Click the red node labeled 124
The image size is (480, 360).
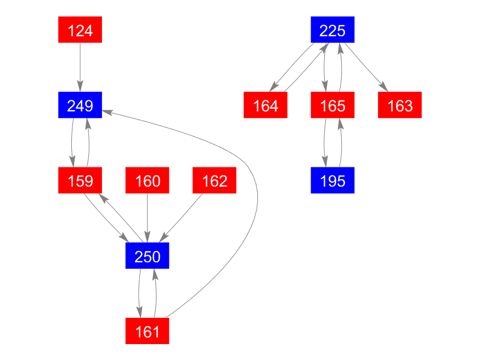(x=80, y=30)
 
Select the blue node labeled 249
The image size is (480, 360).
(x=80, y=105)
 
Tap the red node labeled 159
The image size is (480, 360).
(x=80, y=181)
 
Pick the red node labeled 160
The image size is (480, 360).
(x=147, y=181)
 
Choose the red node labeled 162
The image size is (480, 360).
(x=214, y=181)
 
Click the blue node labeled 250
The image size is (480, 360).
(x=147, y=256)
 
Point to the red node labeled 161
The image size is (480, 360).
(x=147, y=331)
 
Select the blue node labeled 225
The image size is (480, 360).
(x=332, y=30)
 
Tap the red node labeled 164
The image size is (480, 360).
(x=266, y=105)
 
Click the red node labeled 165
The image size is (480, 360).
(x=332, y=105)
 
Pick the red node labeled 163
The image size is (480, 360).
(x=399, y=105)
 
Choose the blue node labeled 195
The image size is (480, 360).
(x=332, y=181)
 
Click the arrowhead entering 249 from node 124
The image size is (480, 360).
(x=80, y=86)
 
